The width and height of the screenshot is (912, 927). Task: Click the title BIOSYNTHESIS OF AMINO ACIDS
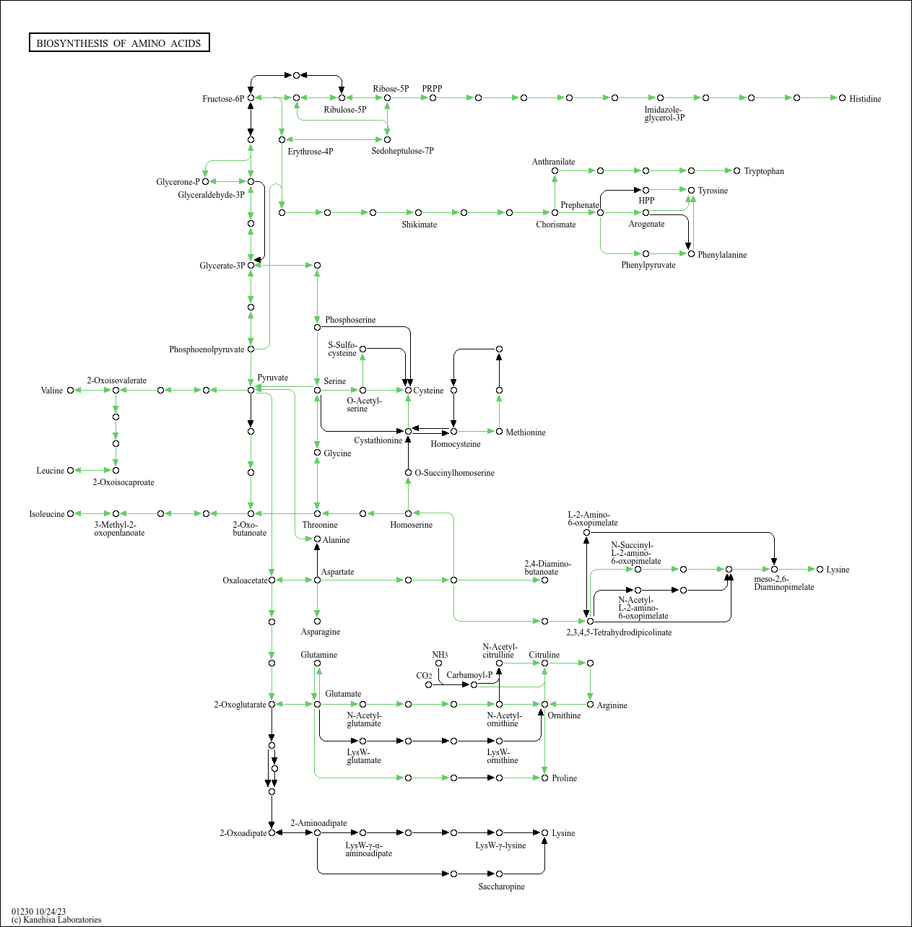(119, 43)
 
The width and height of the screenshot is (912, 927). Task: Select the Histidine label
(865, 99)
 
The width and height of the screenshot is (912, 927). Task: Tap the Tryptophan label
(764, 171)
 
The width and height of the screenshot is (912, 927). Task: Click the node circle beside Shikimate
(418, 212)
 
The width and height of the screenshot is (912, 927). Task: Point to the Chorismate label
(556, 225)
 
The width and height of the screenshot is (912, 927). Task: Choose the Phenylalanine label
(722, 255)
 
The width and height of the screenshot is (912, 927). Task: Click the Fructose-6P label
(223, 99)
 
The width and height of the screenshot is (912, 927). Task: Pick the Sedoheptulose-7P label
(402, 151)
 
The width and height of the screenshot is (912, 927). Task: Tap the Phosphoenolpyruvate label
(207, 349)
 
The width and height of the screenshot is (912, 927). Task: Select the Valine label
(52, 391)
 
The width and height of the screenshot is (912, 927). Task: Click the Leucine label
(51, 471)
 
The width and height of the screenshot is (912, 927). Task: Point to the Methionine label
(526, 432)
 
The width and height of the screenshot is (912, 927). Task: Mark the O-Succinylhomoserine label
(455, 473)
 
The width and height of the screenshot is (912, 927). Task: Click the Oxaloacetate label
(245, 580)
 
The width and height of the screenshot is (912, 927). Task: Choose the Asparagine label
(321, 632)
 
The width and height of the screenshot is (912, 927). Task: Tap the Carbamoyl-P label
(469, 675)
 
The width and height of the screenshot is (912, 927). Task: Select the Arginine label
(612, 705)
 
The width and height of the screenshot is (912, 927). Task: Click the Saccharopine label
(502, 887)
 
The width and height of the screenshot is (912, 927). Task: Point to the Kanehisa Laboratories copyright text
(56, 920)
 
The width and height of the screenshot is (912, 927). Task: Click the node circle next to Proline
(544, 778)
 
